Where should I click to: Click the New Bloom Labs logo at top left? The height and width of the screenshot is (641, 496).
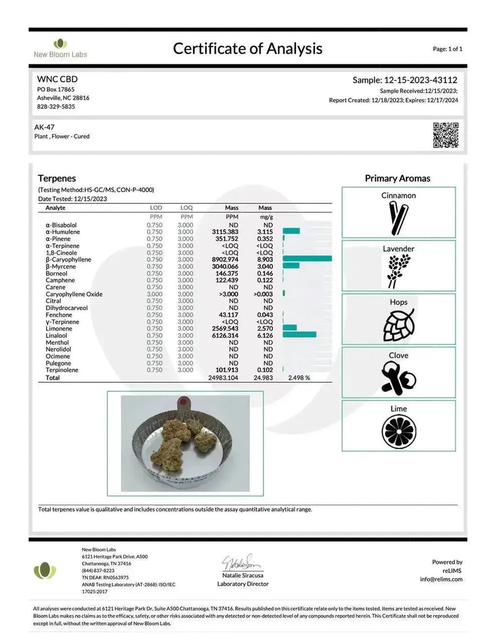coord(60,48)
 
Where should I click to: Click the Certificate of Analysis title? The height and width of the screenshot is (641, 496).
coord(247,48)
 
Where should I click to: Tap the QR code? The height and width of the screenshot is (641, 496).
coord(445,135)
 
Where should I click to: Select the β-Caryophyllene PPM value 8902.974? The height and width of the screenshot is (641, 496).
coord(225,259)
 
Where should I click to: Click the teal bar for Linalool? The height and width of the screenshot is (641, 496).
coord(299,335)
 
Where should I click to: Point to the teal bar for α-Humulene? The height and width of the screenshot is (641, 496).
coord(291,232)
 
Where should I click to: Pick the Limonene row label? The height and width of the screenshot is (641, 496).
coord(59,328)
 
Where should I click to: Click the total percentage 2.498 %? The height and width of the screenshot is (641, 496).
coord(298,377)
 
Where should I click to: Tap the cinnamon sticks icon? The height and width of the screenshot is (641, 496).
coord(398,217)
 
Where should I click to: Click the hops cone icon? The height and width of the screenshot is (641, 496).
coord(398,325)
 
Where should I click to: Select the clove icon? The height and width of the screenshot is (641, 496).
coord(398,378)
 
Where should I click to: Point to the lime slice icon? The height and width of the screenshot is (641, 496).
coord(398,430)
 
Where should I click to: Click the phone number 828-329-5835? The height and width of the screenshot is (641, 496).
coord(56,107)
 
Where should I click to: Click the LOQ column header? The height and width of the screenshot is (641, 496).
coord(186,207)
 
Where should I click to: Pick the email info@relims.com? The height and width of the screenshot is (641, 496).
coord(441,579)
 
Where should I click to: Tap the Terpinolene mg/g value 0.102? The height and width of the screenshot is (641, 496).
coord(265,370)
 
